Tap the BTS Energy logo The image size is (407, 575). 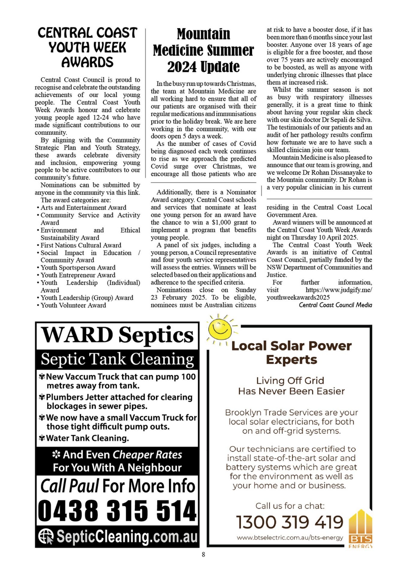361,529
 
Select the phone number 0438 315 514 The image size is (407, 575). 117,511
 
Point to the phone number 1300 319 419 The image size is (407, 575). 290,522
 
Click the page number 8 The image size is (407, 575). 203,554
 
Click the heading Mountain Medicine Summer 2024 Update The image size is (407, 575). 203,50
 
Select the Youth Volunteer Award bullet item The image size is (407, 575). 73,305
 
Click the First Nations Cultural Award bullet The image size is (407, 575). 81,245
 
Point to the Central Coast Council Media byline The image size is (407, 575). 335,305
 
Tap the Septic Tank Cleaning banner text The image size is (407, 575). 117,359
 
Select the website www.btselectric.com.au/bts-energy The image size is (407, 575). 290,538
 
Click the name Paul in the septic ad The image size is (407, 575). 85,486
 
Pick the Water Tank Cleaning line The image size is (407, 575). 87,438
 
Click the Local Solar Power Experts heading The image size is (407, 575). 291,352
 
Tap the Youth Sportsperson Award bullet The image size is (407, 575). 78,267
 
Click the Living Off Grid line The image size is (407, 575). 290,380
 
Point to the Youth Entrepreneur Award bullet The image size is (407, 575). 78,275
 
